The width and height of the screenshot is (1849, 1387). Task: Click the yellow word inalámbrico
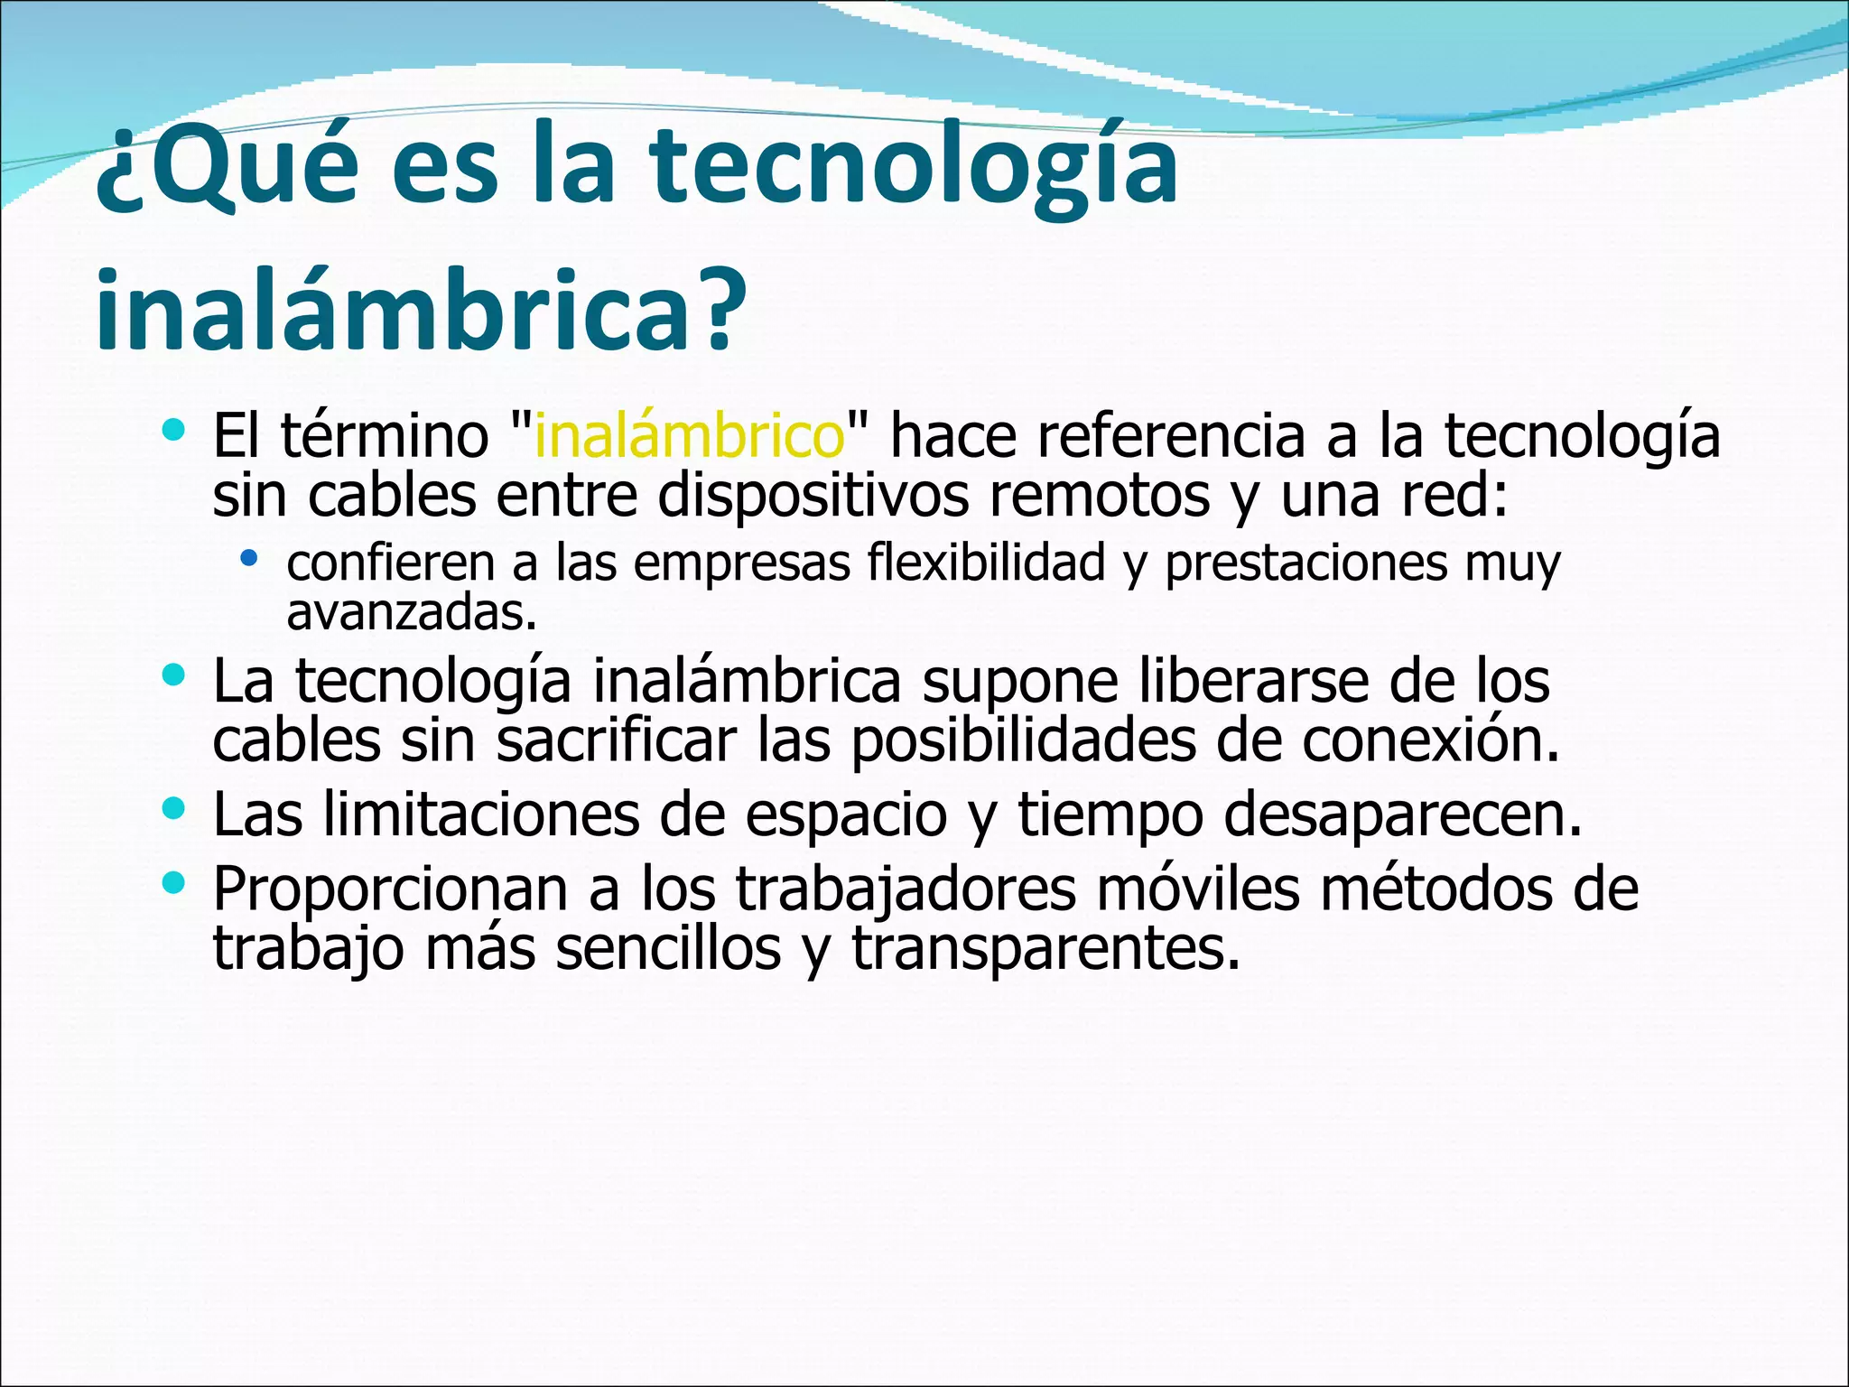point(690,436)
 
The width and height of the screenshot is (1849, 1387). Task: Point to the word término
point(385,436)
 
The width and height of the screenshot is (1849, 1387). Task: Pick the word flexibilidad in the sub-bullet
point(986,563)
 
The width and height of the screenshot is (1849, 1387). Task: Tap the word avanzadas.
point(412,614)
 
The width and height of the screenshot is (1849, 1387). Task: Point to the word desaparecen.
point(1402,815)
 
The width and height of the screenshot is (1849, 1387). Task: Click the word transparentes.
point(1045,948)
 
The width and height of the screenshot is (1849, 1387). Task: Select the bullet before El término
point(173,430)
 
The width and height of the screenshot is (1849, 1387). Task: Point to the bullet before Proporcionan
point(173,881)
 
